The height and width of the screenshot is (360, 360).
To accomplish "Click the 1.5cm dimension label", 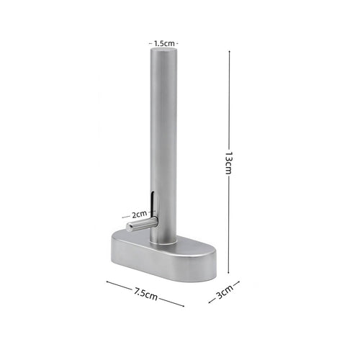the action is click(164, 44).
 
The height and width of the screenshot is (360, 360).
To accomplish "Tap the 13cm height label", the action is click(229, 163).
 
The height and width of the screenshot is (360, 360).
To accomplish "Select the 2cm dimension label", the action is click(139, 215).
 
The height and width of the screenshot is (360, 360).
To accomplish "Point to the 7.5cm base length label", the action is click(145, 294).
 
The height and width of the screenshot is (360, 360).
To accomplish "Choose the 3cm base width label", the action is click(225, 292).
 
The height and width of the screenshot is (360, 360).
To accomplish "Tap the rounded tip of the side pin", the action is click(130, 227).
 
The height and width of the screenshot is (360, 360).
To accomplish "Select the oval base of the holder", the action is click(163, 256).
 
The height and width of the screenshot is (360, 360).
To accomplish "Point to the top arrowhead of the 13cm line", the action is click(229, 53).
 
